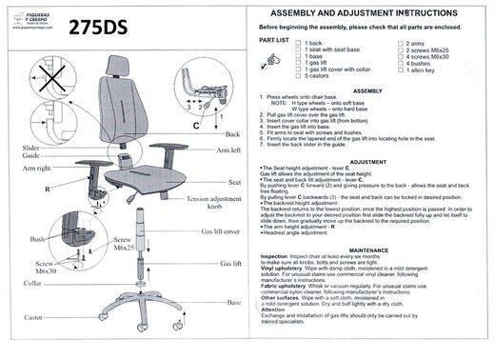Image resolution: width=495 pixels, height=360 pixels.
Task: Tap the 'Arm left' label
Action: [x=228, y=150]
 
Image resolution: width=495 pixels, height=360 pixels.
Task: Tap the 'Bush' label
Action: [x=38, y=239]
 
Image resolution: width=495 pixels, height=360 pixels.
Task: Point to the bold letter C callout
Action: [x=195, y=127]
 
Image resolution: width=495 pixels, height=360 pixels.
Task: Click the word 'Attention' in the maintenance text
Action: [x=274, y=335]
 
